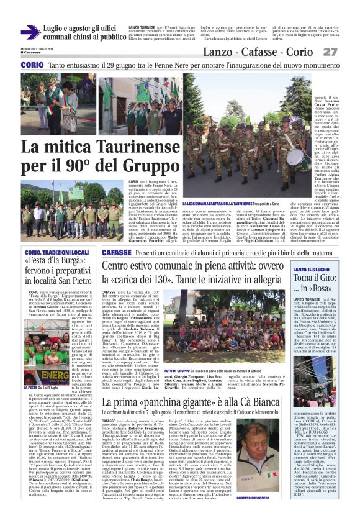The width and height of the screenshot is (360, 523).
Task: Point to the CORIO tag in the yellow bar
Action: [32, 65]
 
